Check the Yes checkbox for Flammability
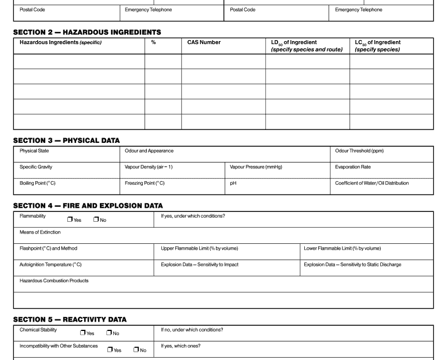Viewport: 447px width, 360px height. click(70, 219)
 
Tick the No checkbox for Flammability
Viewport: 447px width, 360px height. click(96, 219)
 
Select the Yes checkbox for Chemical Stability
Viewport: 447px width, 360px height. click(83, 333)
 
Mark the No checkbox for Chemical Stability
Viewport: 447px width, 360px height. click(109, 333)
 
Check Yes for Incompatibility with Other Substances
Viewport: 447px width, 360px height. click(110, 350)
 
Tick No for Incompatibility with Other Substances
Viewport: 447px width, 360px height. click(136, 350)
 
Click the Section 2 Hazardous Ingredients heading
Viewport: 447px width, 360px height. click(87, 32)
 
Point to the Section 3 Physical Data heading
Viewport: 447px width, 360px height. click(66, 140)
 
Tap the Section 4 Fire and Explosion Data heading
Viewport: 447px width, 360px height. click(88, 206)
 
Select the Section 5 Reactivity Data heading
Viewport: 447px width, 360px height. click(70, 319)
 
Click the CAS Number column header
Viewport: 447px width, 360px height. click(204, 42)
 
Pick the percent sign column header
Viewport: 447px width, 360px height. click(153, 42)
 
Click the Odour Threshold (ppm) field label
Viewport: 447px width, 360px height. click(359, 151)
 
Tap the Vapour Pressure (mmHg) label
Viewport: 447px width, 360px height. click(256, 167)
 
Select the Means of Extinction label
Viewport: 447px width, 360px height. click(40, 232)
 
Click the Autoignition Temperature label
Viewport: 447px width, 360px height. click(51, 265)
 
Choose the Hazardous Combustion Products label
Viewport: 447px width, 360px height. click(54, 281)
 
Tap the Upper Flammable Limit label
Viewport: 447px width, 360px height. click(199, 249)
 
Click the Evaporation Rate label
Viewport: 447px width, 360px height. click(353, 167)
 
